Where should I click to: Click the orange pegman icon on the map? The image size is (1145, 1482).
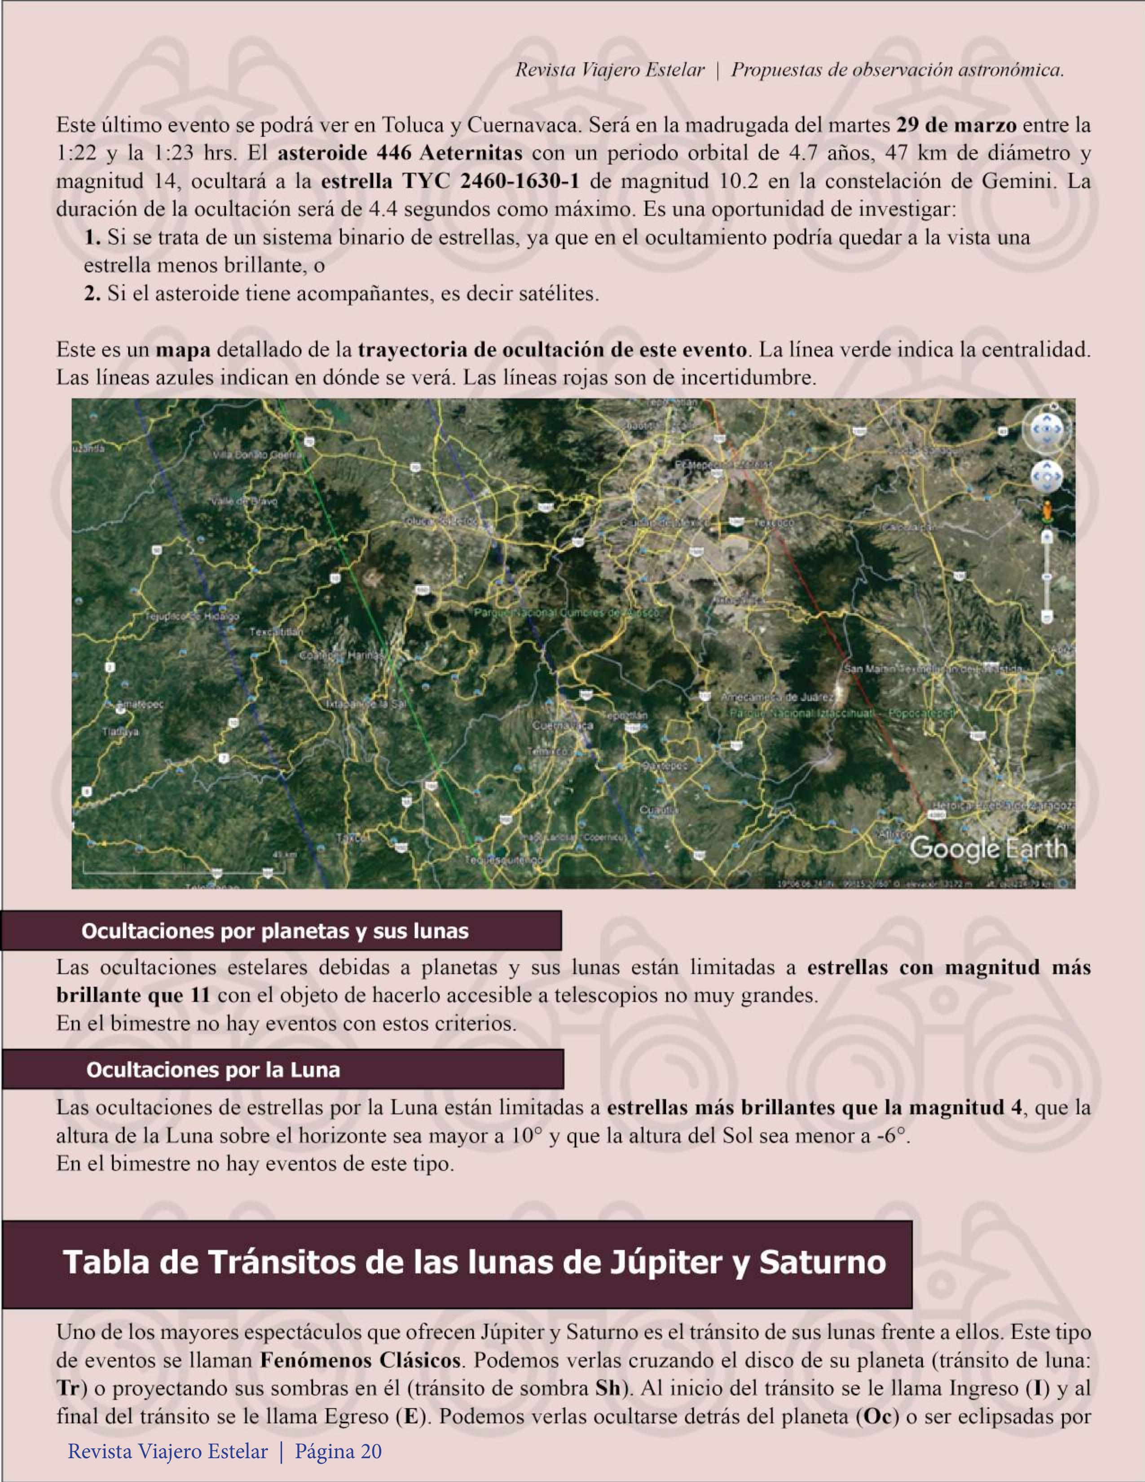pyautogui.click(x=1047, y=510)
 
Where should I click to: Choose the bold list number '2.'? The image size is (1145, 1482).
pyautogui.click(x=92, y=294)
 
